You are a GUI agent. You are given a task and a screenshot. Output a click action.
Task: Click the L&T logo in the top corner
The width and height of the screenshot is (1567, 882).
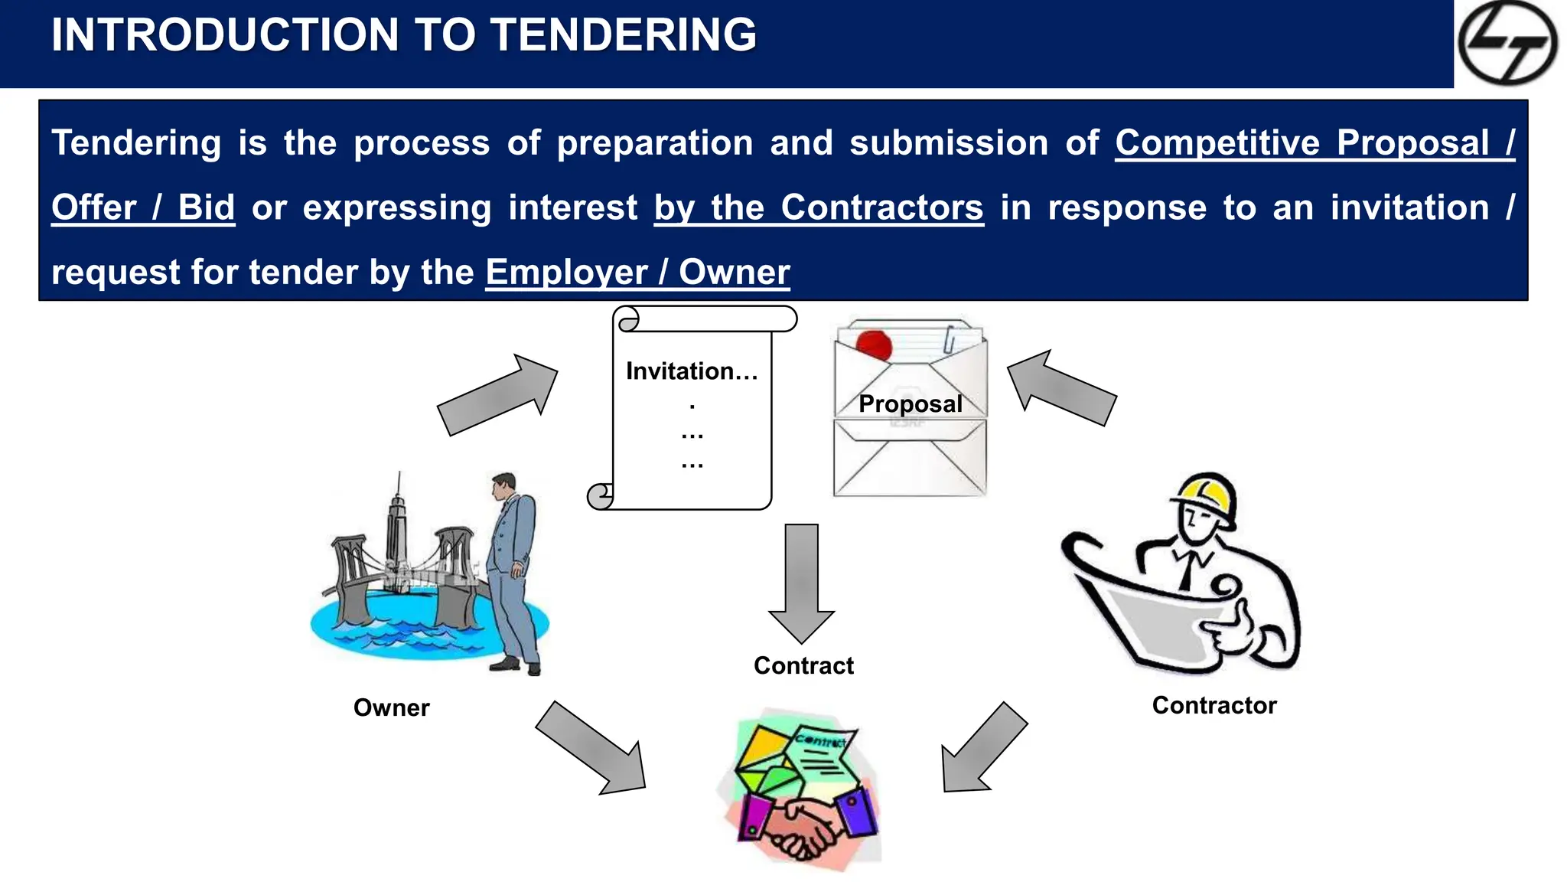click(1507, 43)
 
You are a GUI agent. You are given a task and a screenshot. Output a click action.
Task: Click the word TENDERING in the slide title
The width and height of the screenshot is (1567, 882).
click(623, 35)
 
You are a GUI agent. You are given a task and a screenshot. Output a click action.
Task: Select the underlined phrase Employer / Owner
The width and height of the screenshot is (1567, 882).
click(637, 273)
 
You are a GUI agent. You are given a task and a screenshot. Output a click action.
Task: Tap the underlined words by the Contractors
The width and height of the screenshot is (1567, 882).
click(819, 208)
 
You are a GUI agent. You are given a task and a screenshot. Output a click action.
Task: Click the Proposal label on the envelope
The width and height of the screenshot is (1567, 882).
click(910, 403)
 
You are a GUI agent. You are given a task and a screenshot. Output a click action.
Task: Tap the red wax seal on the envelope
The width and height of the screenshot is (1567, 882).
click(874, 345)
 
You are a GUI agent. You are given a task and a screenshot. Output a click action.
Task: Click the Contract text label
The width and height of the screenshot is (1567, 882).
click(803, 665)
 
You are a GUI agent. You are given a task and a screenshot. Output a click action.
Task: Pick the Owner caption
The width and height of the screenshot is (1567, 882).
click(391, 707)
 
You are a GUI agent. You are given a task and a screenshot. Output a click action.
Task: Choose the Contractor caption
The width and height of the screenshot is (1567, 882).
click(1214, 705)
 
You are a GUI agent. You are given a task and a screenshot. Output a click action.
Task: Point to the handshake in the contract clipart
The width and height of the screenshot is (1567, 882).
click(800, 827)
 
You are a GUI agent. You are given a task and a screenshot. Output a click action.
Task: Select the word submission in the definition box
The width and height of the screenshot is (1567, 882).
click(948, 143)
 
